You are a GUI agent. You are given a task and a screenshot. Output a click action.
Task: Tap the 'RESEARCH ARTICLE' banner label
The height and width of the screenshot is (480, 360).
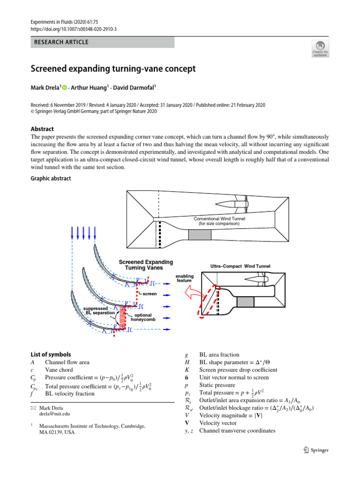click(61, 42)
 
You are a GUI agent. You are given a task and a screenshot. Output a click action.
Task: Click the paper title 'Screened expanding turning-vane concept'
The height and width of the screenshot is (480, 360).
click(113, 69)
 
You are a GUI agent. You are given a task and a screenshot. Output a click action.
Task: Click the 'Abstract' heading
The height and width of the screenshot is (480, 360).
click(42, 129)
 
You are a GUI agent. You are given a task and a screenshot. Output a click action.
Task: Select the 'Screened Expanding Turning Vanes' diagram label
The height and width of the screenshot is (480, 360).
click(145, 265)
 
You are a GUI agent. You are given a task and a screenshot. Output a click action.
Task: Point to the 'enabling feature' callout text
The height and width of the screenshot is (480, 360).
click(184, 278)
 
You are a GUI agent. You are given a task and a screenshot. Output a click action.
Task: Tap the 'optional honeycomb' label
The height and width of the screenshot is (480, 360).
click(149, 317)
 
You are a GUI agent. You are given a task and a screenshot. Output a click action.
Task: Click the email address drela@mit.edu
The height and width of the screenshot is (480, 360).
click(56, 414)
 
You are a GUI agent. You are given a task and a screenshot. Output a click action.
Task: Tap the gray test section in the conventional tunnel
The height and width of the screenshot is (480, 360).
click(200, 235)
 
